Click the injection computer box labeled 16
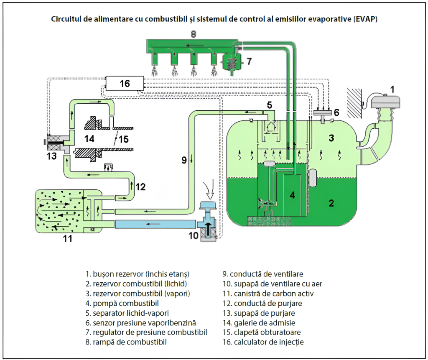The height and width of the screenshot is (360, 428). click(125, 84)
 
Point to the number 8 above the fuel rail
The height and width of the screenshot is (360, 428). click(193, 33)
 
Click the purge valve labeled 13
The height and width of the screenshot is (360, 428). click(56, 145)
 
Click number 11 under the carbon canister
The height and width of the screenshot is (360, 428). click(68, 239)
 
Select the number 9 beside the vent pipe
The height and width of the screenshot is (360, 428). click(183, 160)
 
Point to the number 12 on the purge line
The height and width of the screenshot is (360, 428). click(140, 187)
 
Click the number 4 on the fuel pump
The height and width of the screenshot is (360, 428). click(293, 194)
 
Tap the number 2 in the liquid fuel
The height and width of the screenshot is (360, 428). click(331, 204)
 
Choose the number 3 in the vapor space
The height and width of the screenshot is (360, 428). click(331, 138)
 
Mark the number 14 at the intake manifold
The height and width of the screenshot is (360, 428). click(90, 138)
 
